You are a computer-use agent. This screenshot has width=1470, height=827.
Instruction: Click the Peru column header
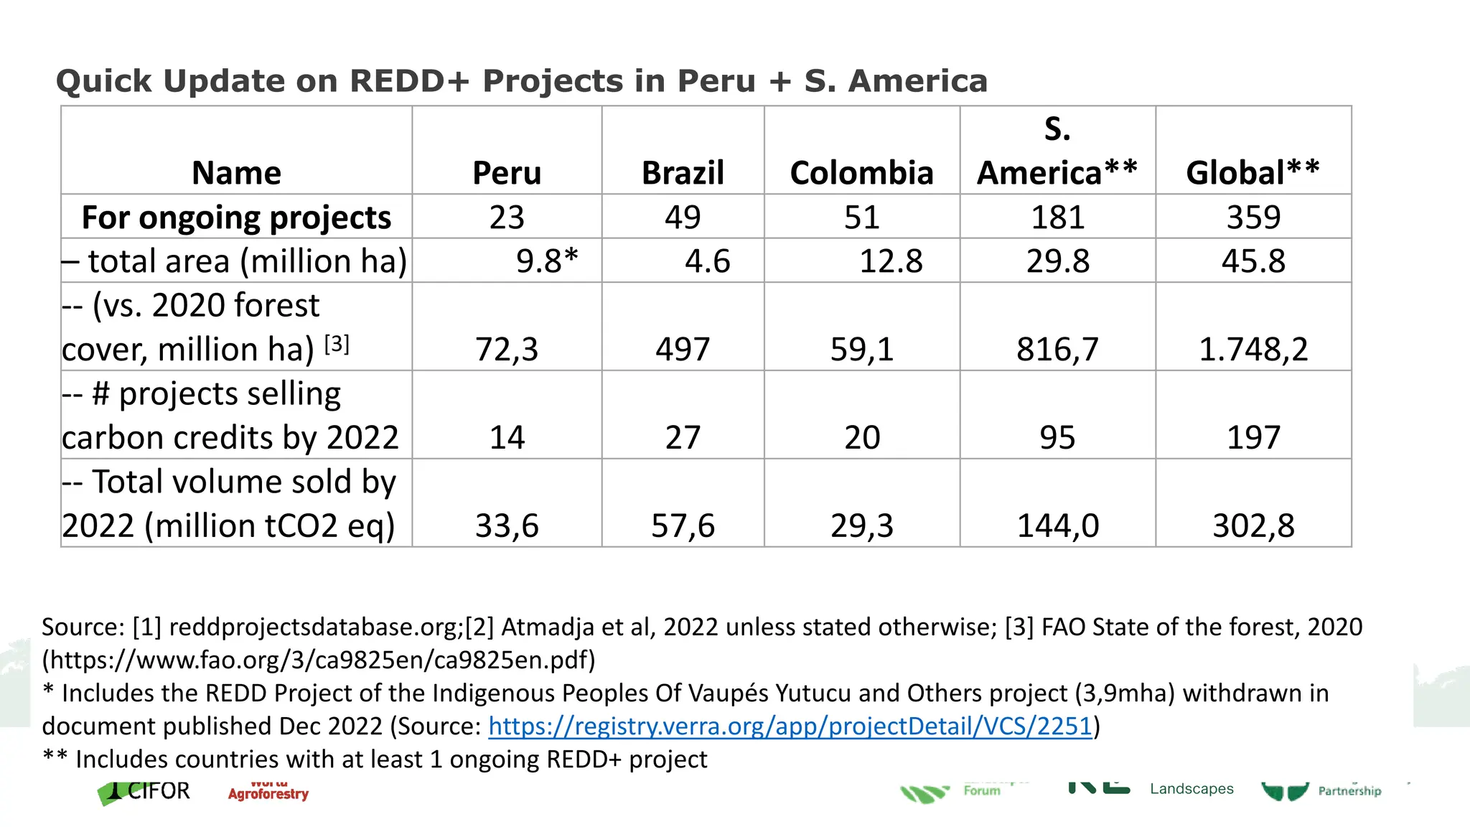point(507,173)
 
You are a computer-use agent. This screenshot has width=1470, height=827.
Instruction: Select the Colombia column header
point(861,173)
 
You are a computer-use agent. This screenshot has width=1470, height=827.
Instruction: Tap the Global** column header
point(1253,173)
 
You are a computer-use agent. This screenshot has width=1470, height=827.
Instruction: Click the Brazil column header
point(683,173)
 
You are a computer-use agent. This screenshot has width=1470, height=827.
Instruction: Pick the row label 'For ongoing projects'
point(236,218)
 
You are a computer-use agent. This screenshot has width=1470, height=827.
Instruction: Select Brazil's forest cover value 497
point(683,350)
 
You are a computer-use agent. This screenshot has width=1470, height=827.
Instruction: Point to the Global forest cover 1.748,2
point(1253,350)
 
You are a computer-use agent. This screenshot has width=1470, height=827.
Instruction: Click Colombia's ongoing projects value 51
point(861,218)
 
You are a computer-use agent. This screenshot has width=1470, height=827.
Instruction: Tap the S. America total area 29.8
point(1057,261)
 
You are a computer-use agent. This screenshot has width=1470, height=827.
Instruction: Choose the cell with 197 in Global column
point(1253,438)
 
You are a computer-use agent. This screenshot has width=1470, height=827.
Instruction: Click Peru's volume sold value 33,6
point(507,526)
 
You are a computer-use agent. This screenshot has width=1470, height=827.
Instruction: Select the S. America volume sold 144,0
point(1057,526)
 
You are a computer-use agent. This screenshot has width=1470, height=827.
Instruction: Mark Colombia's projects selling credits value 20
point(861,438)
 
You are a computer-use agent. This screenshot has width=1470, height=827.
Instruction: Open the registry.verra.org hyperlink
point(790,726)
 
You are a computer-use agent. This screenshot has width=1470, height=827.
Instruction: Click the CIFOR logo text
point(159,791)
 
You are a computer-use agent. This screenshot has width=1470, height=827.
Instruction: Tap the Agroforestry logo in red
point(268,794)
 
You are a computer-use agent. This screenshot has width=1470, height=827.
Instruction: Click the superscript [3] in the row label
point(337,345)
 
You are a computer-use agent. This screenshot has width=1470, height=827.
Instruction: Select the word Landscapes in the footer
point(1192,789)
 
